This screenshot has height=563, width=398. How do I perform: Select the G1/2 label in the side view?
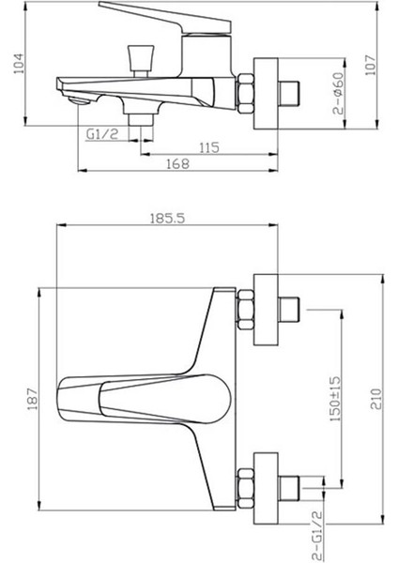(100, 134)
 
